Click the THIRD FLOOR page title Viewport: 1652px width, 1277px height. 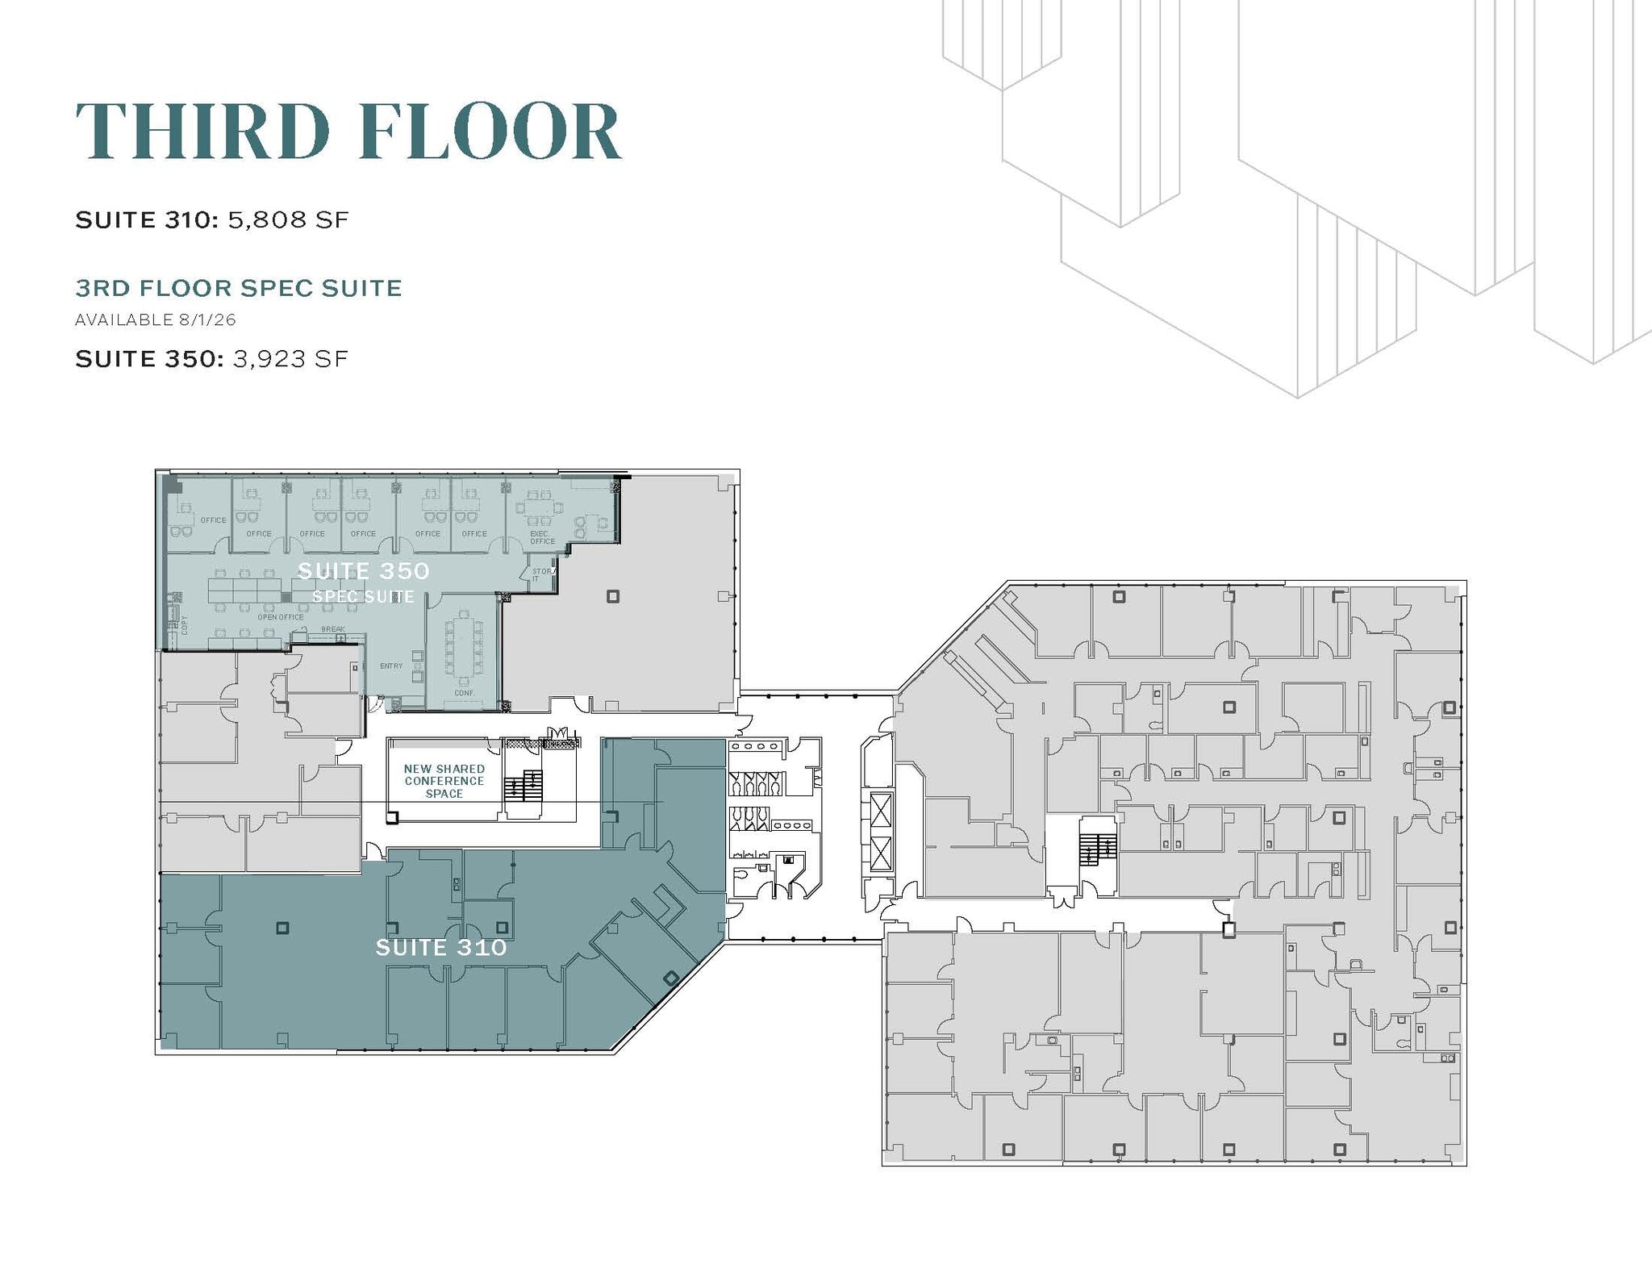pos(348,131)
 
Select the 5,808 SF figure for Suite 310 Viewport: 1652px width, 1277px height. pos(288,220)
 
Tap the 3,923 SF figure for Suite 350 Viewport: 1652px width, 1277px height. pos(290,359)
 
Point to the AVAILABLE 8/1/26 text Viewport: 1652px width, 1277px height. pos(156,320)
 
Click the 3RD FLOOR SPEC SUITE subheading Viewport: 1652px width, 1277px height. pos(239,288)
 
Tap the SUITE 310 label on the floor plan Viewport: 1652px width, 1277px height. pos(441,947)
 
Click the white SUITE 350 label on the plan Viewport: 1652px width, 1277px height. pos(363,571)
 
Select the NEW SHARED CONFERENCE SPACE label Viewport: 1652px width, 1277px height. pos(444,781)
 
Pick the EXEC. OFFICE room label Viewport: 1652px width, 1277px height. pos(541,537)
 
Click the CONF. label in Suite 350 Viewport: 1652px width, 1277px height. pos(464,693)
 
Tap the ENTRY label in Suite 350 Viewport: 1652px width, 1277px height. pos(391,666)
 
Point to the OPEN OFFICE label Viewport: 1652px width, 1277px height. pos(281,617)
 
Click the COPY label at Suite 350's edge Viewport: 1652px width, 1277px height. pos(185,625)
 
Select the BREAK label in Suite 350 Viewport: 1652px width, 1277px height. pos(333,629)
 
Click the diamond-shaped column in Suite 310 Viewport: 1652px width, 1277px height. pos(670,979)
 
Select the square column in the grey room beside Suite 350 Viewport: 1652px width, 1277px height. pos(613,596)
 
